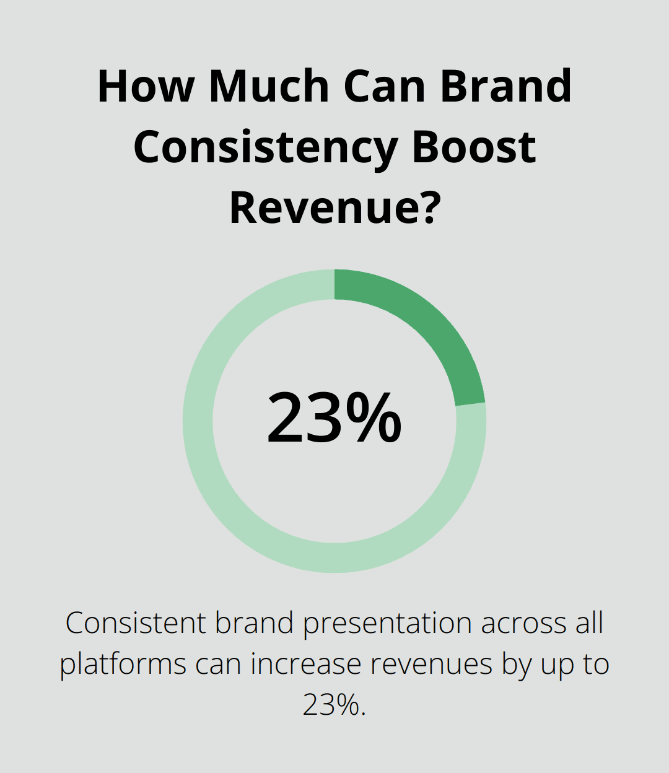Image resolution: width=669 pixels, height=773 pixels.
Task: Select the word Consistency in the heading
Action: tap(265, 147)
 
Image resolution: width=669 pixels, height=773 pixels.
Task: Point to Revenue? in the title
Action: tap(334, 207)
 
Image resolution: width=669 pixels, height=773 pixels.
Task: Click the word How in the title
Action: tap(146, 87)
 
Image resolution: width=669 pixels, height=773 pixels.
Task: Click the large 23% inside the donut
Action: tap(334, 418)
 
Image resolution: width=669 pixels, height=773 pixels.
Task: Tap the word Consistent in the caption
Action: tap(136, 623)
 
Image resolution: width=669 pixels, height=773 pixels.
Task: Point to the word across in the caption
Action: tap(523, 623)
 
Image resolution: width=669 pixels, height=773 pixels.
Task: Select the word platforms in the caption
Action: tap(123, 665)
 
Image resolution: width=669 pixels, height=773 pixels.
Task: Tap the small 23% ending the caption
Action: tap(334, 705)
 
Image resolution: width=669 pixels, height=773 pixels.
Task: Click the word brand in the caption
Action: tap(254, 623)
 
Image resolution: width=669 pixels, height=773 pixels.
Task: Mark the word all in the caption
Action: tap(588, 623)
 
